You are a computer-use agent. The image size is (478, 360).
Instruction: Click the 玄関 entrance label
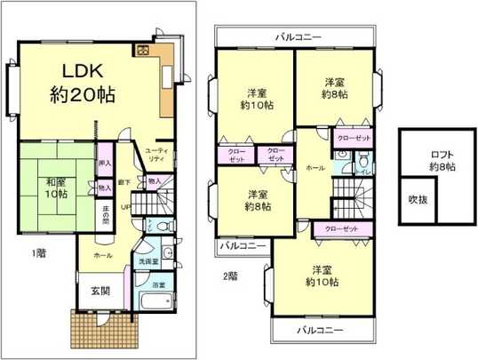click(x=99, y=291)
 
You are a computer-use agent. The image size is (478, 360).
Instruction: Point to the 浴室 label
click(x=158, y=284)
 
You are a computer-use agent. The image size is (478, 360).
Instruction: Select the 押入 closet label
click(x=105, y=164)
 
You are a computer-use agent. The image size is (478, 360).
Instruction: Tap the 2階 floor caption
click(x=229, y=275)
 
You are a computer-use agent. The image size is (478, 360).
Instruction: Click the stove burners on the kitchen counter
click(x=143, y=50)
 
